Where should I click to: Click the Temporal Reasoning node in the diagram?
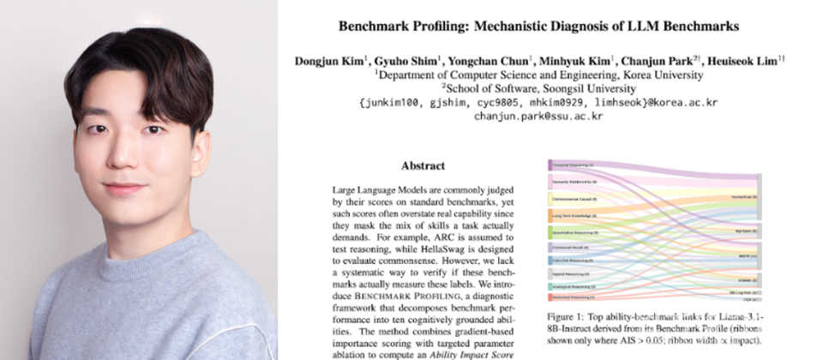click(x=572, y=164)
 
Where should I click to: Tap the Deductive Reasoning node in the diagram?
click(x=572, y=297)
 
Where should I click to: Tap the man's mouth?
click(x=125, y=188)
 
